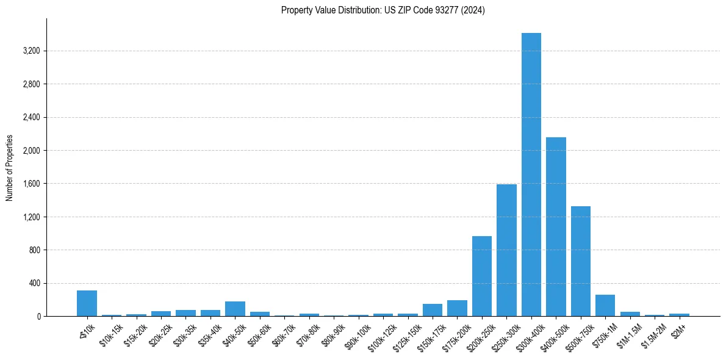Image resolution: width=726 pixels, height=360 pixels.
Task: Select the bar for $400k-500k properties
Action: [x=556, y=226]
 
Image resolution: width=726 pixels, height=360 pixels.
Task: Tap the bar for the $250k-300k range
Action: [x=506, y=250]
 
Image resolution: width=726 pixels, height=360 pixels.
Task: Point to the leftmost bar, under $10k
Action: [x=87, y=303]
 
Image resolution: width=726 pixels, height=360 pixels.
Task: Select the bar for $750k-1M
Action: [x=605, y=305]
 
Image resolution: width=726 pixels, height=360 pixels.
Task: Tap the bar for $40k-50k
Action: [x=235, y=309]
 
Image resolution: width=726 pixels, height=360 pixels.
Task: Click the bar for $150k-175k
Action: [x=433, y=310]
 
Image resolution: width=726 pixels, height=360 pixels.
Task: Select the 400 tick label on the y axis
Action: [x=34, y=283]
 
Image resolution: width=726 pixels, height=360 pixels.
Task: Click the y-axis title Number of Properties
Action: [x=10, y=167]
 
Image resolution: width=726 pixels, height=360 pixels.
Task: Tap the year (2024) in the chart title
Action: [x=473, y=10]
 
